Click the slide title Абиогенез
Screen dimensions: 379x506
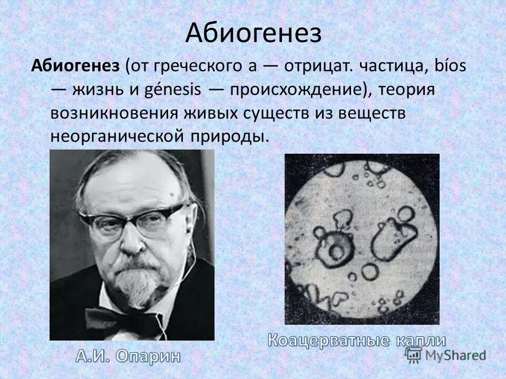[253, 34]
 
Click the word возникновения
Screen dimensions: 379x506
[116, 113]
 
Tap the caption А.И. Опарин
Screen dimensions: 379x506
[128, 356]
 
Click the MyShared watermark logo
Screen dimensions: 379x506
[445, 355]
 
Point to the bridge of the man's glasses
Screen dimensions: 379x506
[130, 218]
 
